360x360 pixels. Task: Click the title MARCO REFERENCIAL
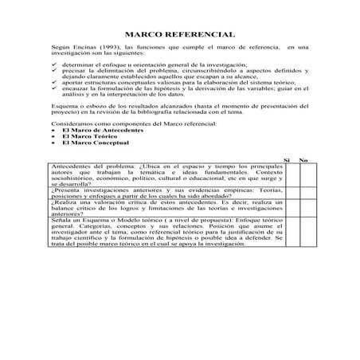click(x=180, y=35)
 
